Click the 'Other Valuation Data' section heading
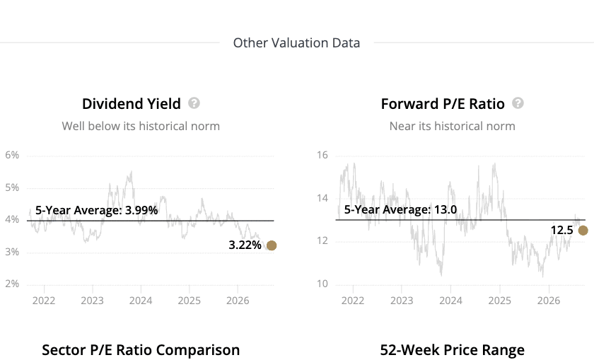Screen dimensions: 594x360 click(x=296, y=43)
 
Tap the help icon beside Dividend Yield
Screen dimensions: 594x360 click(x=194, y=103)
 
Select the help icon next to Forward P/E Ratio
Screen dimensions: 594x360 click(x=518, y=103)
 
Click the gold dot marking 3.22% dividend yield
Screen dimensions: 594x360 click(x=272, y=245)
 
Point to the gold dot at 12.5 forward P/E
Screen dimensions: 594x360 click(x=583, y=231)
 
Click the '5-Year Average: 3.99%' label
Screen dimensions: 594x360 click(x=97, y=210)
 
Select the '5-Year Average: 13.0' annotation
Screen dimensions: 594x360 click(x=400, y=209)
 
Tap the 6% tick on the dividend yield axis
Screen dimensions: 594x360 click(x=12, y=155)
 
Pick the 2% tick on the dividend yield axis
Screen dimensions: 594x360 click(x=12, y=284)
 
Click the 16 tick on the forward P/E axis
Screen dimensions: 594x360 click(x=322, y=155)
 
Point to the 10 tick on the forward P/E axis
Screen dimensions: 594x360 click(x=322, y=284)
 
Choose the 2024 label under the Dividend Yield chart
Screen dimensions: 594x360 click(x=141, y=301)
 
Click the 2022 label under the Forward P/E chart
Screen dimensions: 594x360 click(x=353, y=301)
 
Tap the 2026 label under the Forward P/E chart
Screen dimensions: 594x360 click(x=549, y=301)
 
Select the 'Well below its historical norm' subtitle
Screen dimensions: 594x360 click(x=141, y=126)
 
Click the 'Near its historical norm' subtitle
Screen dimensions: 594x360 click(x=453, y=126)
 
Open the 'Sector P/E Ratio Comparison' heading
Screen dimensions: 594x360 click(x=141, y=350)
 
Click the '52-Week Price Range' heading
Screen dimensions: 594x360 click(x=453, y=350)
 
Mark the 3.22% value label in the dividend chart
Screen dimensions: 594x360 click(x=245, y=245)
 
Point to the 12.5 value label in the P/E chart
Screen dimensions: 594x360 click(x=561, y=231)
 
